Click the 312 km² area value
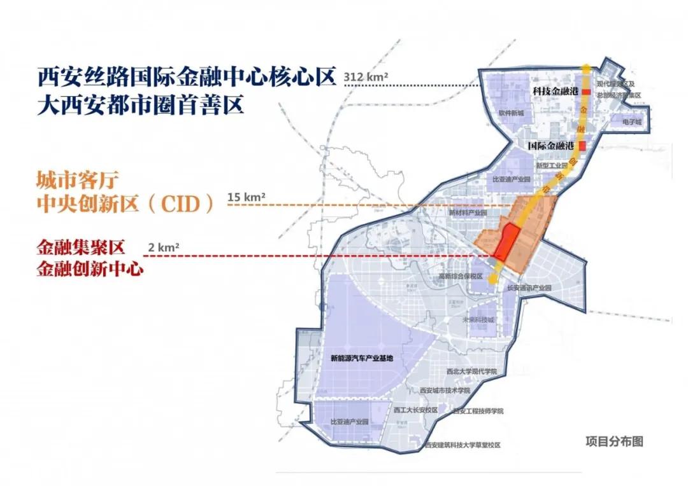365,77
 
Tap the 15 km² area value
246,197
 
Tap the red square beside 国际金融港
582,146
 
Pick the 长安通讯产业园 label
528,288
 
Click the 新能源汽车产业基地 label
362,358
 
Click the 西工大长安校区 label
415,410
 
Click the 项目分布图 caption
614,441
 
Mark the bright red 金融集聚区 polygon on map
505,243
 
